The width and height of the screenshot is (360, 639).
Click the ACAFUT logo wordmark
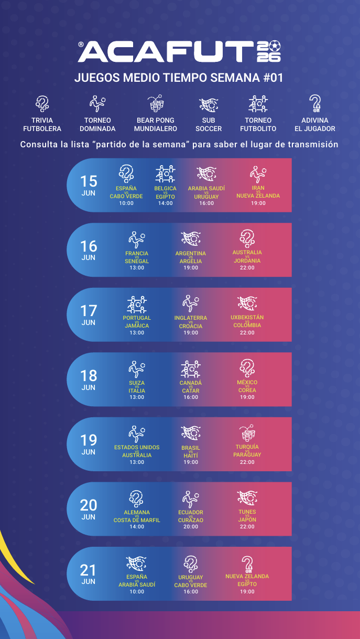click(166, 51)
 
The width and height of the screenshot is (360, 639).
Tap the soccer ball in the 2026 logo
click(275, 46)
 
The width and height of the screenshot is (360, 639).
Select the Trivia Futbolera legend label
click(42, 124)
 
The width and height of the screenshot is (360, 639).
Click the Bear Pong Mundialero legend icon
click(156, 103)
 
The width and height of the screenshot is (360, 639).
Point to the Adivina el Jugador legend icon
click(315, 103)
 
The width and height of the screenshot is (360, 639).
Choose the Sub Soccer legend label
click(209, 124)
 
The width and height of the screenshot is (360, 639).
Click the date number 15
click(89, 181)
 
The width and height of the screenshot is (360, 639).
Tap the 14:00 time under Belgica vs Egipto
click(166, 203)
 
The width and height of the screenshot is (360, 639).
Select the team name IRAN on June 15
click(258, 188)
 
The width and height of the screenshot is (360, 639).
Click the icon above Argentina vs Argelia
click(191, 239)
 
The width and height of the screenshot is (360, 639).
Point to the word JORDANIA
click(247, 261)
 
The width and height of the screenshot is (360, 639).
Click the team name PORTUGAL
click(137, 318)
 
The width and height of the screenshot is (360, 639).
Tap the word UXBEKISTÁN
click(247, 317)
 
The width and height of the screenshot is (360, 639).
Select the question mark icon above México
click(247, 369)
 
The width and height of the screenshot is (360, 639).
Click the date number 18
click(89, 376)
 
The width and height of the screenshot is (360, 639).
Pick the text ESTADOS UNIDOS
click(137, 447)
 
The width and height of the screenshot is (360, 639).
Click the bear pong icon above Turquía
click(247, 432)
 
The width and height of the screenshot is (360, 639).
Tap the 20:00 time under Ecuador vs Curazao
click(191, 527)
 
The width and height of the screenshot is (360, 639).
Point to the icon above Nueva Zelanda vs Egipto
click(247, 564)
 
